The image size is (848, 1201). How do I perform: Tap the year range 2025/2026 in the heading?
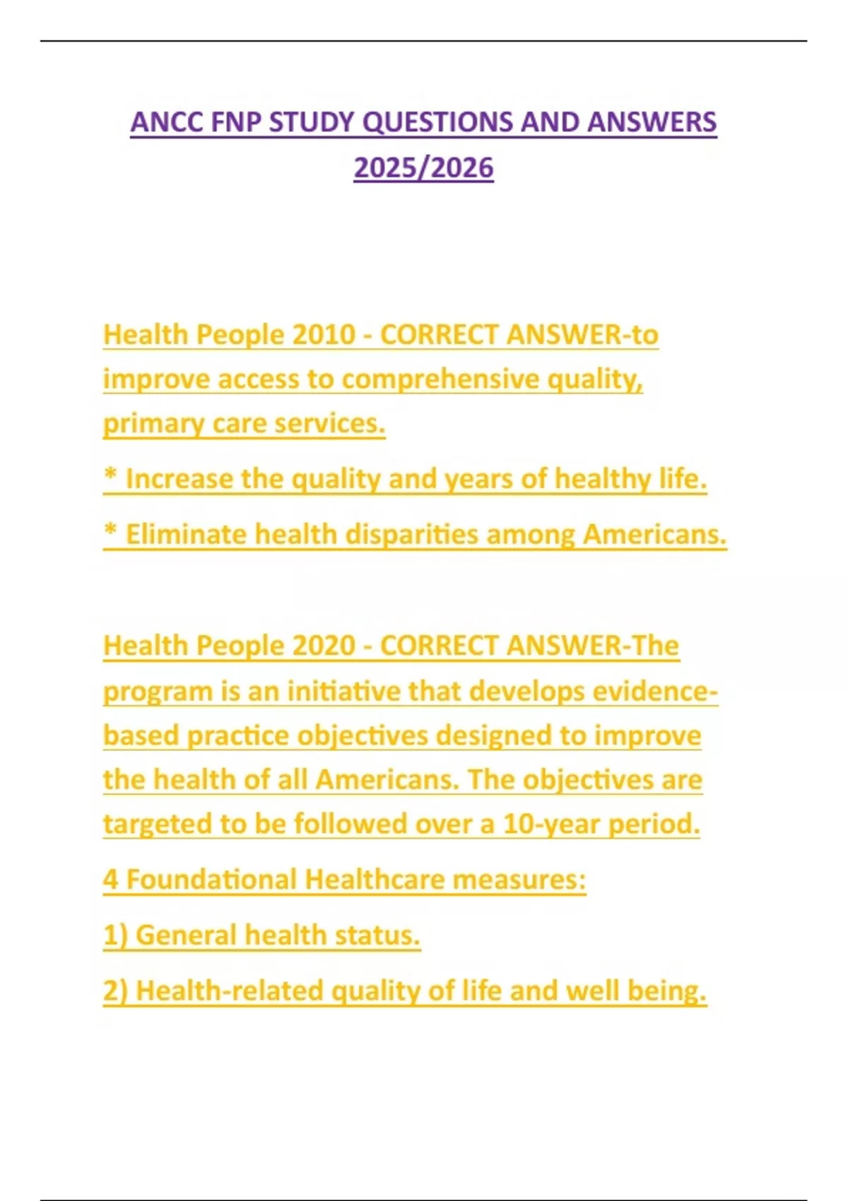(x=423, y=168)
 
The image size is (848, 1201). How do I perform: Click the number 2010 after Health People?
(x=323, y=335)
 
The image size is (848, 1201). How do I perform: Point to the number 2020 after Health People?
(x=323, y=646)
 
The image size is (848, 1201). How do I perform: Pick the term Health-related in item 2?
(x=230, y=991)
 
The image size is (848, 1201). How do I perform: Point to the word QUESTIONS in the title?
(x=437, y=122)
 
